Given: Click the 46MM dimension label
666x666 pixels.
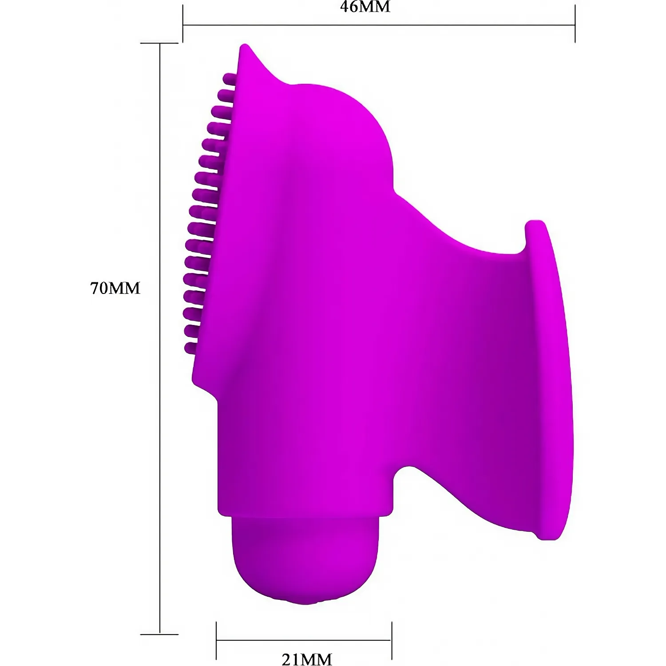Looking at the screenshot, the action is click(365, 7).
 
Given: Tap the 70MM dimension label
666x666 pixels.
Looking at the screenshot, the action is click(115, 288).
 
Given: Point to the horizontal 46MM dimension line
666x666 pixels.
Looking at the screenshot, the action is click(379, 25).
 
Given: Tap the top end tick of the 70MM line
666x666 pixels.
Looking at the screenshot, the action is click(159, 44).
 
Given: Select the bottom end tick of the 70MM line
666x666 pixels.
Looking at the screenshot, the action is click(159, 634).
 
